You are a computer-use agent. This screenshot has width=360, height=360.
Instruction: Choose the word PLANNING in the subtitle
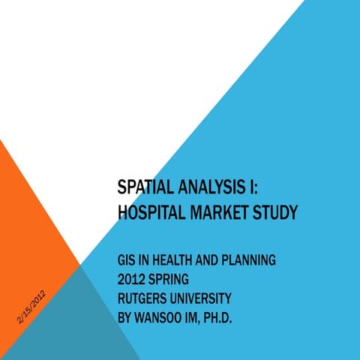pos(245,261)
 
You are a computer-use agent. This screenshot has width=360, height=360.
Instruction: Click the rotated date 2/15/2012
pos(34,308)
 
